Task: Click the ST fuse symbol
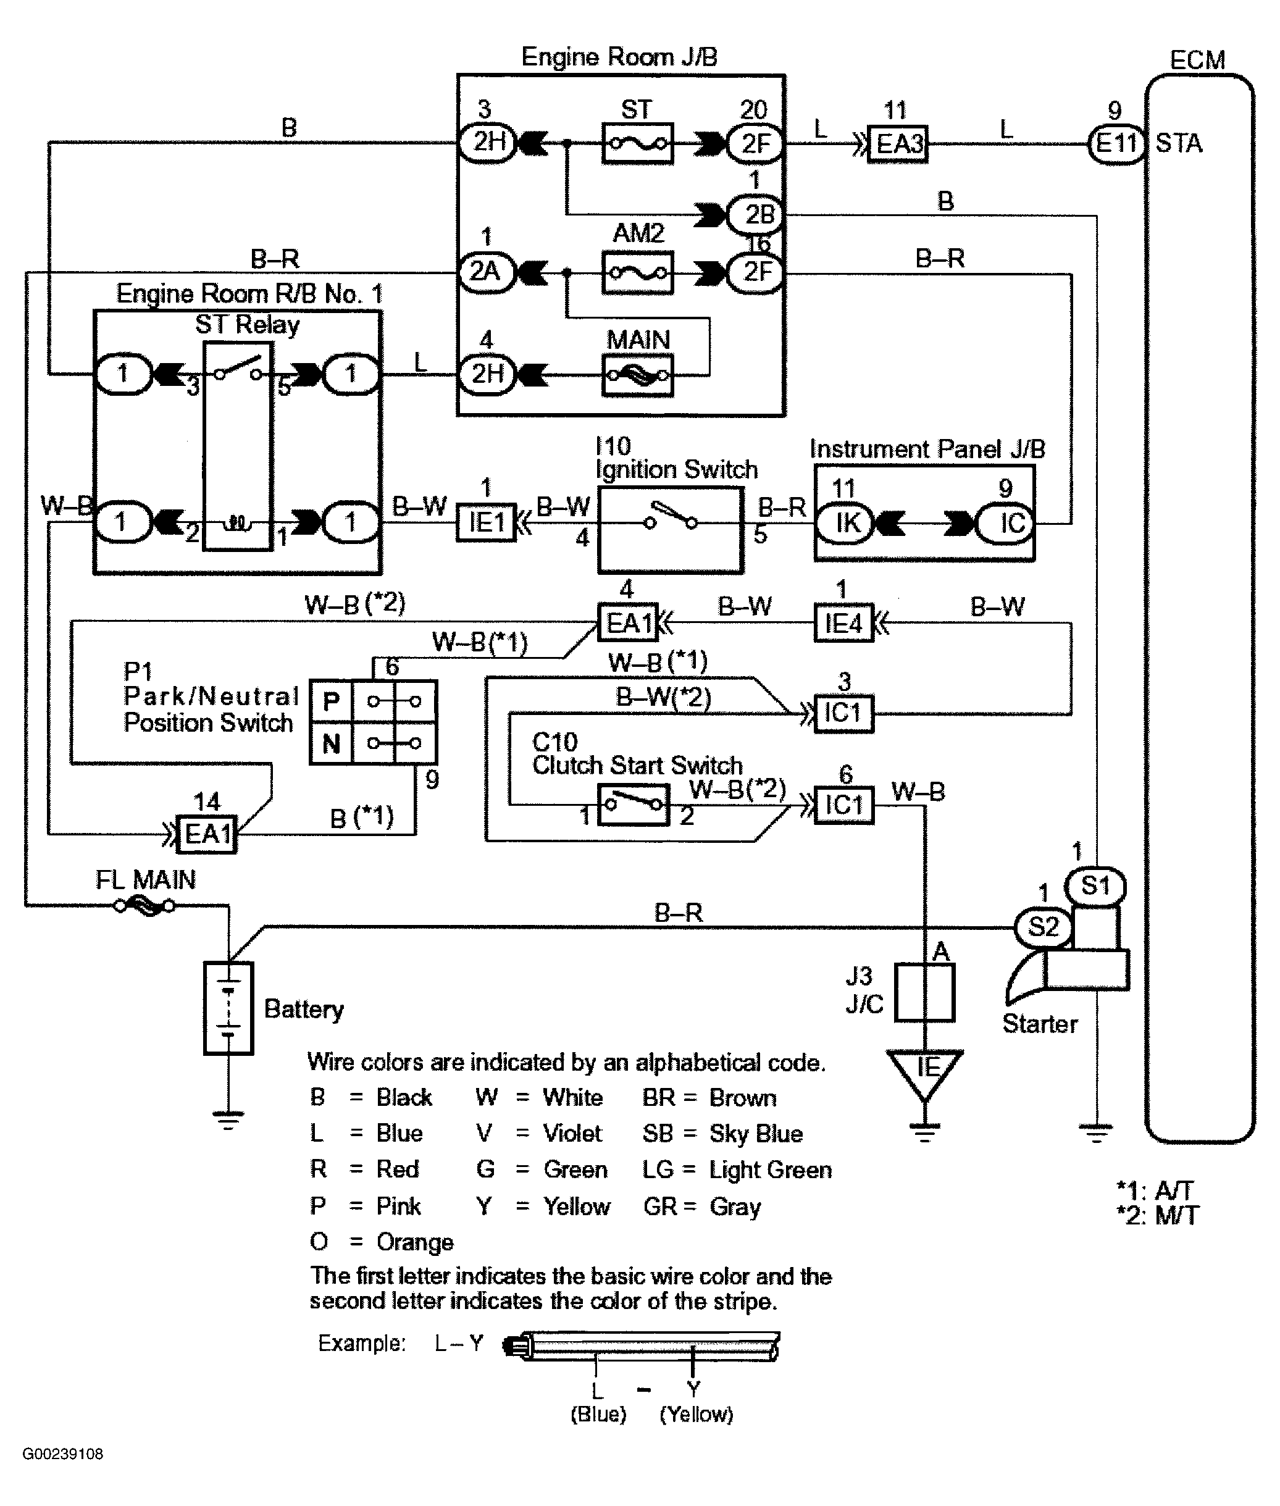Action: point(637,143)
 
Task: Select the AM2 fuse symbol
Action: point(637,273)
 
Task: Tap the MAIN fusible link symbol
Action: point(637,375)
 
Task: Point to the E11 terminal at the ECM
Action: point(1116,143)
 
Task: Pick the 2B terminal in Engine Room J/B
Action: point(756,215)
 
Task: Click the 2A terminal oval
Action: point(485,272)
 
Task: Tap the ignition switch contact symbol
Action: point(671,519)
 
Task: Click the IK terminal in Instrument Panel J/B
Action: point(846,522)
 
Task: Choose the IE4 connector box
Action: point(843,623)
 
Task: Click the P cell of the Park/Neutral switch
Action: point(331,701)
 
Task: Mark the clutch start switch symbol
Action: point(633,805)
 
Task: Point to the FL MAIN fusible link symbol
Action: point(145,905)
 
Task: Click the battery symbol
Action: point(228,1008)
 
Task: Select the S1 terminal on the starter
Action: point(1095,885)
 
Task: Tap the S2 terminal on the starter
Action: point(1043,926)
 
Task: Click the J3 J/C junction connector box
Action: point(924,992)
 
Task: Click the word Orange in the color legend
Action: point(415,1242)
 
